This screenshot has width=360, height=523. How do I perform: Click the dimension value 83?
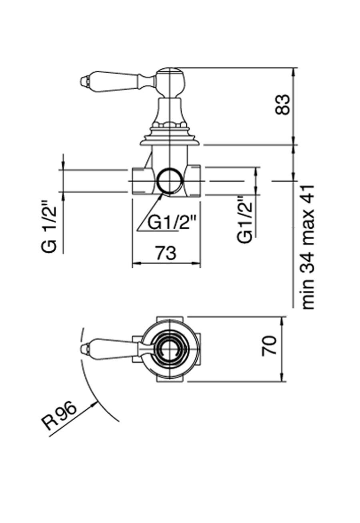pyautogui.click(x=283, y=105)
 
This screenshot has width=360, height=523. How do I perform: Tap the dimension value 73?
pyautogui.click(x=166, y=253)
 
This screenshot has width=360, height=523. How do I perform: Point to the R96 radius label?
pyautogui.click(x=59, y=417)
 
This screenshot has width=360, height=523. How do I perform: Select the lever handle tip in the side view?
pyautogui.click(x=84, y=80)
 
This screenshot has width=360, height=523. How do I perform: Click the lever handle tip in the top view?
pyautogui.click(x=84, y=348)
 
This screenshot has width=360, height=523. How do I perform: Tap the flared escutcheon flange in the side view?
pyautogui.click(x=170, y=141)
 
